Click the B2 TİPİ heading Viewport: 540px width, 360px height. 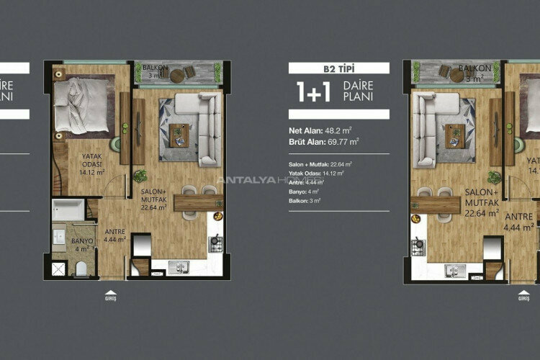[x=339, y=68]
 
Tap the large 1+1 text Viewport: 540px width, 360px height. [x=311, y=91]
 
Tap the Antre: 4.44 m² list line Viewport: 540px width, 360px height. [x=307, y=183]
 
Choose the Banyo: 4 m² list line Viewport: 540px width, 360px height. [x=305, y=192]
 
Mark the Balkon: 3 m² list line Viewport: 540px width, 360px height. [x=305, y=201]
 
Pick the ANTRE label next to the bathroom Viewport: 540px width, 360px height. [x=115, y=232]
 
